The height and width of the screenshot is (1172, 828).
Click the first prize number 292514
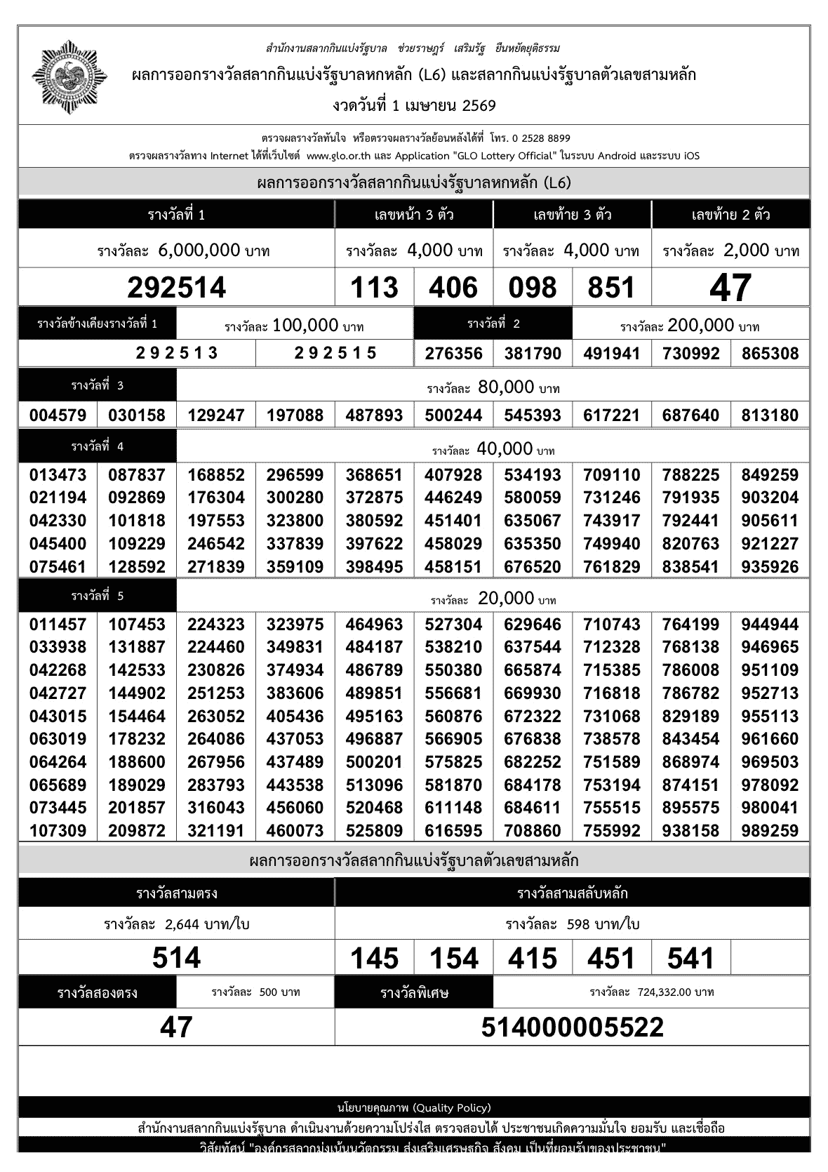point(177,288)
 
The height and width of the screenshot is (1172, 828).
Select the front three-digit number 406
point(453,288)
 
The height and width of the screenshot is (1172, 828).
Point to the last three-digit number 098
point(533,288)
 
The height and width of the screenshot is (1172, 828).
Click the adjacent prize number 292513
point(177,353)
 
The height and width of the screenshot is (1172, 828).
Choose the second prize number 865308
point(770,353)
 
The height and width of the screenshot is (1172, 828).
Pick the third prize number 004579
point(58,415)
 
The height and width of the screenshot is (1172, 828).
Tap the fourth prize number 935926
point(770,566)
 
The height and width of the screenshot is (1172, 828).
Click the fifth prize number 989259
point(770,831)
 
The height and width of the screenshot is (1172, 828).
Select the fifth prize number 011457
point(58,625)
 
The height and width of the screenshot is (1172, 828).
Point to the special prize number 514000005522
point(572,1027)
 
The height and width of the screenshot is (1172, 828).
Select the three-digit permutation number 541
point(691,959)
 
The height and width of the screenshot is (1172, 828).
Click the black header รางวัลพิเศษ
point(414,993)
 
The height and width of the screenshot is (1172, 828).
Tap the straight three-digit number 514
point(177,958)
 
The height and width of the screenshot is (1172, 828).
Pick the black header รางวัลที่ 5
point(98,597)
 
